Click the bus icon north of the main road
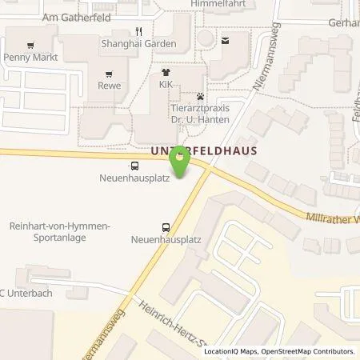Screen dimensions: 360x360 (x=135, y=167)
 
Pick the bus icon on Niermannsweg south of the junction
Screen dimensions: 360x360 (x=166, y=226)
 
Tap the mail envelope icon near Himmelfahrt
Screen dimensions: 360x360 (x=225, y=40)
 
